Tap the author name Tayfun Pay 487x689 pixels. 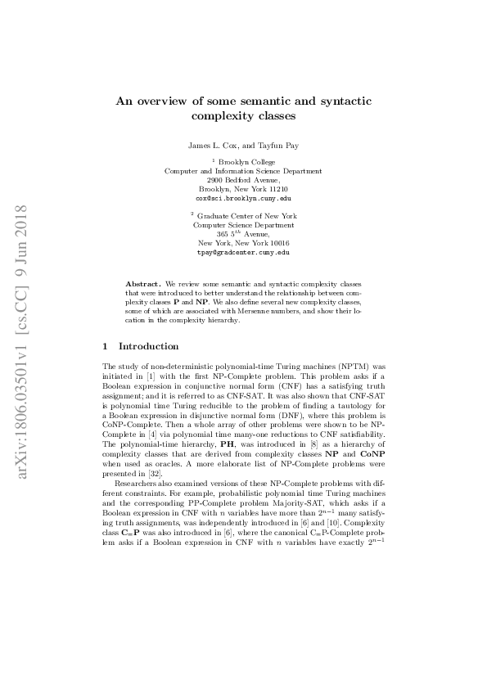281,146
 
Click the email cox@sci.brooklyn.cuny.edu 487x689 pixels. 243,198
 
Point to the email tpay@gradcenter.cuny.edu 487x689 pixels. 243,253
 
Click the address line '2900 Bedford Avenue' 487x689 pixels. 243,180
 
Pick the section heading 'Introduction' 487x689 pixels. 149,346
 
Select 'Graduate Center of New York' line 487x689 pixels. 246,217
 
